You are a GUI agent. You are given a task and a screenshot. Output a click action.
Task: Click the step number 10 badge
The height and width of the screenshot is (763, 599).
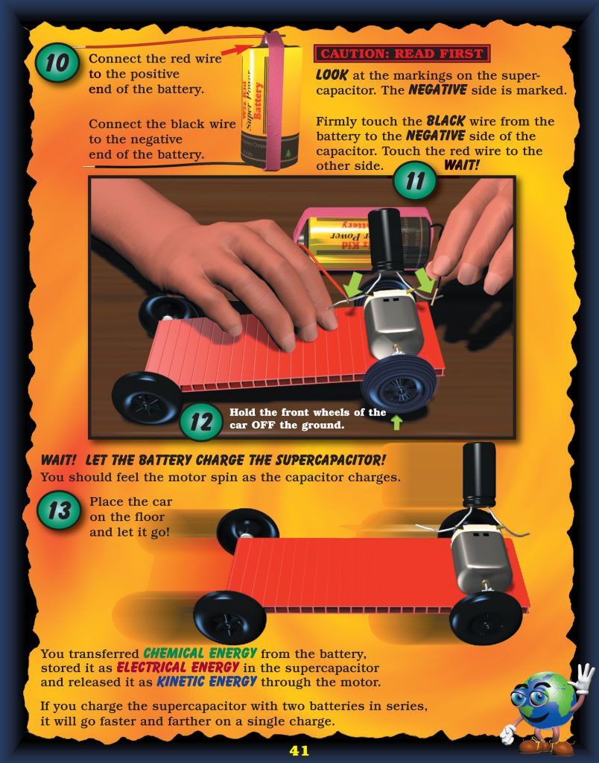point(57,63)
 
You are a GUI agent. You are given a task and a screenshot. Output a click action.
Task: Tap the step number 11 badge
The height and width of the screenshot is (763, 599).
point(415,180)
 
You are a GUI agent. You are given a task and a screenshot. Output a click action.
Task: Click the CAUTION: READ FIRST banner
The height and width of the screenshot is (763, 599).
point(402,54)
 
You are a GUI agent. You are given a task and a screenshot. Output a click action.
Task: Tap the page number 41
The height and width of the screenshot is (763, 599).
point(299,750)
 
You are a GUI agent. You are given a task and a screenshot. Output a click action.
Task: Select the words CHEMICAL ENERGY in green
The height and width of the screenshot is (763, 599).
point(200,653)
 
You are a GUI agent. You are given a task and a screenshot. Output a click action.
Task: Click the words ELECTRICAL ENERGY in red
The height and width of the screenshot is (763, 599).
point(177,668)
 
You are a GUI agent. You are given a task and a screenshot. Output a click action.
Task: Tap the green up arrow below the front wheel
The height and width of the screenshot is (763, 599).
point(397,422)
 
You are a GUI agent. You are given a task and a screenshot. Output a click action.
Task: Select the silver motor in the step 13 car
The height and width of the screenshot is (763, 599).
point(481,560)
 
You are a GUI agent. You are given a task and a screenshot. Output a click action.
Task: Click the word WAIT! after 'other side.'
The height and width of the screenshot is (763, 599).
point(462,165)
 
